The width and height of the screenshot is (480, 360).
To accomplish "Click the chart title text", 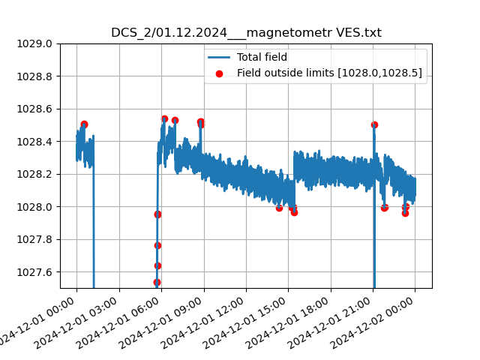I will tap(246, 33).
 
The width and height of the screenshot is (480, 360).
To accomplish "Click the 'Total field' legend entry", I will tap(262, 57).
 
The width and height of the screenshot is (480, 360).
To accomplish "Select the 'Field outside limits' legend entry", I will tap(329, 73).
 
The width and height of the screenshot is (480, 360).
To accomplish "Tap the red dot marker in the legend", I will tap(219, 73).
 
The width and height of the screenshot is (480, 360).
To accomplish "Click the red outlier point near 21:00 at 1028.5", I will tap(374, 125).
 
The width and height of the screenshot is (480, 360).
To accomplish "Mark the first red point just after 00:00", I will tap(84, 124).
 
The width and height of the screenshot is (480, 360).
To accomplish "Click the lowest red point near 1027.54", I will tap(157, 283).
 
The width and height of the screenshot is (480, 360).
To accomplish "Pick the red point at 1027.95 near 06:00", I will tap(157, 214).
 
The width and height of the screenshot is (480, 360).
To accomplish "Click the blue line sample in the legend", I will tap(219, 57).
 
